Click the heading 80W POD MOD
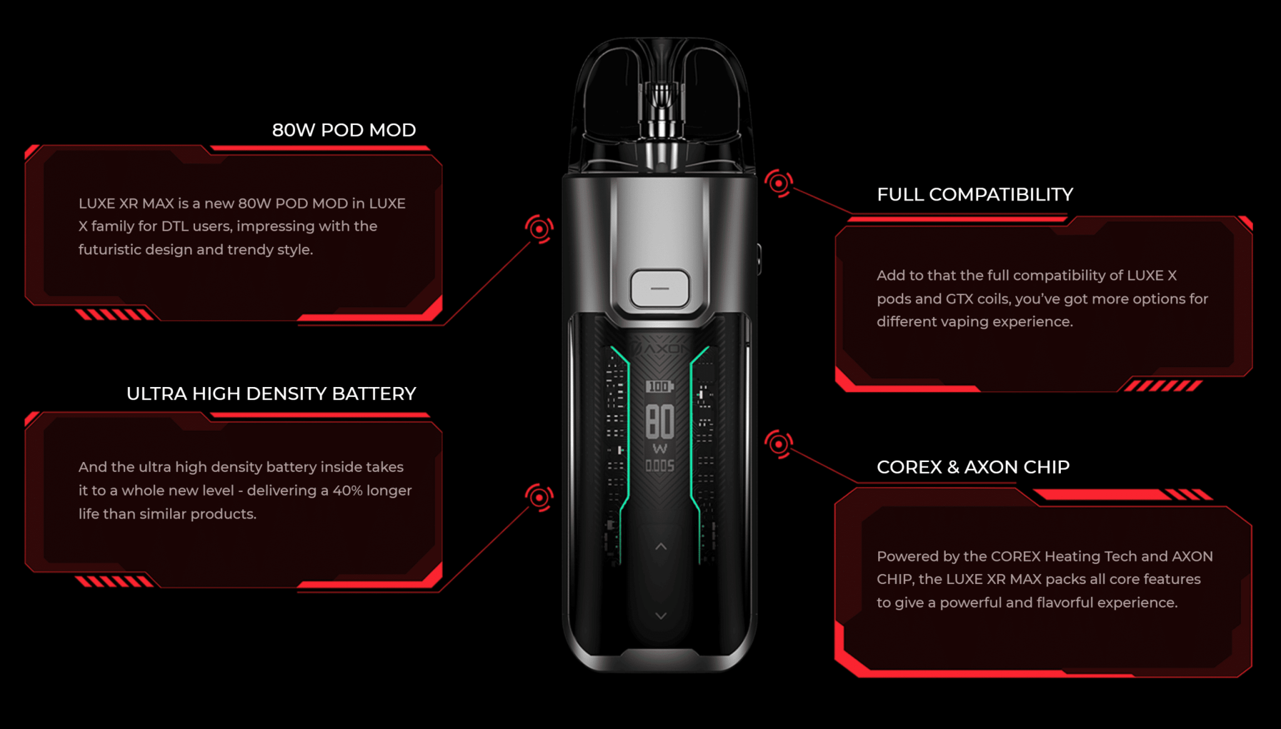coord(344,130)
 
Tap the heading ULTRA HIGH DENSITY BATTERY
coord(271,394)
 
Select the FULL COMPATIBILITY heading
coord(975,194)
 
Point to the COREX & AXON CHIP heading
coord(973,467)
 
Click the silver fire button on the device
coord(660,289)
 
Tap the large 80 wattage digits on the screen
coord(660,421)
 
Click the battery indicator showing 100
coord(659,386)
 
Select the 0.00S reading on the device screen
coord(660,466)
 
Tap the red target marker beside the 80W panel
coord(539,229)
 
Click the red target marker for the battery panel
coord(539,497)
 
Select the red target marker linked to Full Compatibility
coord(779,183)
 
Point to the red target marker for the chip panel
coord(779,444)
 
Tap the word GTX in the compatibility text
coord(959,299)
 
